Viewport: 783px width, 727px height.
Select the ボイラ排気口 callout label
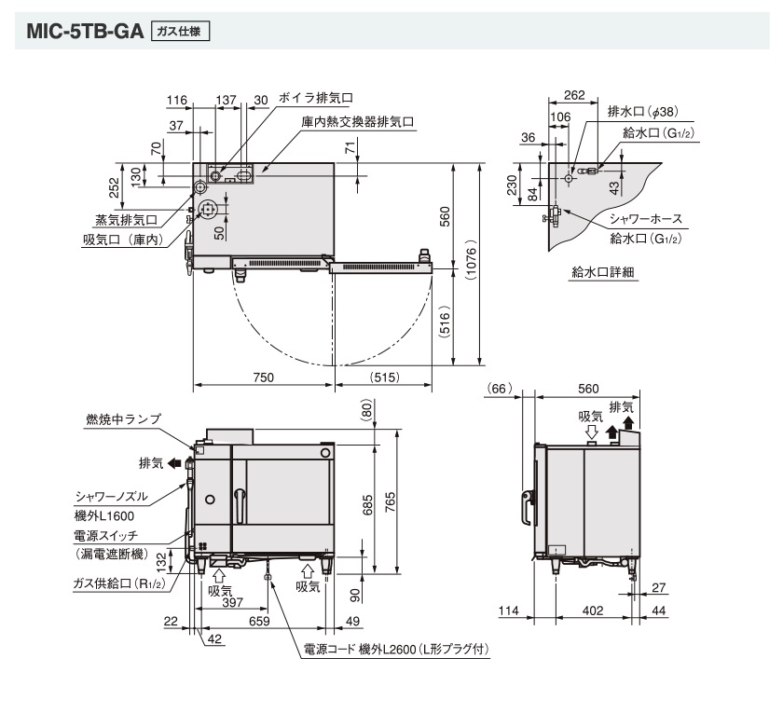coord(315,98)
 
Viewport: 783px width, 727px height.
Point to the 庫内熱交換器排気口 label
coord(357,122)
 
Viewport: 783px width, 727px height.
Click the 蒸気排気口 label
coord(126,220)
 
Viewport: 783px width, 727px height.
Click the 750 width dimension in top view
coord(262,377)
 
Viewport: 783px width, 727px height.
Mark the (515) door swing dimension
coord(385,377)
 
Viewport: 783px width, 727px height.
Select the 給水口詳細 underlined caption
coord(604,272)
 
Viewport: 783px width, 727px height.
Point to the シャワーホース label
coord(645,219)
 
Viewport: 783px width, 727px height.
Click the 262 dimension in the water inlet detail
coord(574,94)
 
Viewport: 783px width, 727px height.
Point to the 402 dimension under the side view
coord(593,610)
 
